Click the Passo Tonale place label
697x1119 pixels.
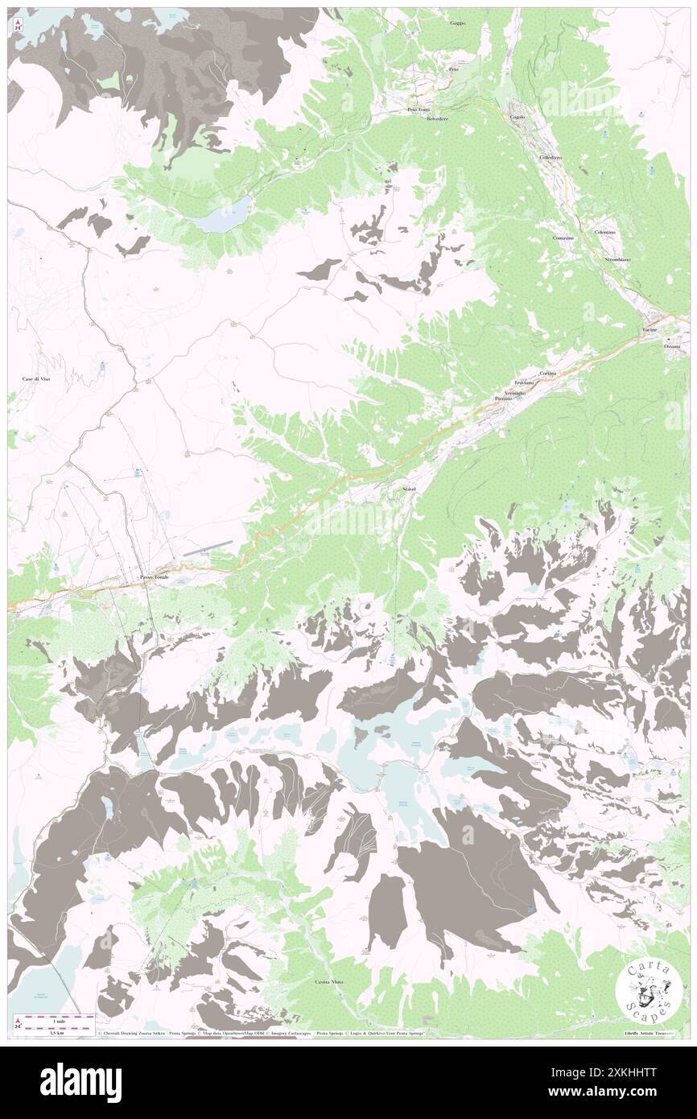pyautogui.click(x=155, y=578)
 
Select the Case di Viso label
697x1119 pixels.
pyautogui.click(x=36, y=378)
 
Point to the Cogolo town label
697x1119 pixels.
pyautogui.click(x=518, y=118)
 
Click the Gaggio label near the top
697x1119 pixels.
pyautogui.click(x=458, y=24)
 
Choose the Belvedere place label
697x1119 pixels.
pyautogui.click(x=437, y=119)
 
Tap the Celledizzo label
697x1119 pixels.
pyautogui.click(x=551, y=157)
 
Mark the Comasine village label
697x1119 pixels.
pyautogui.click(x=563, y=237)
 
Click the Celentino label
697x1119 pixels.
pyautogui.click(x=605, y=232)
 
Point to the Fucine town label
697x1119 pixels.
pyautogui.click(x=650, y=331)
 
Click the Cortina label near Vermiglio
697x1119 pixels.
pyautogui.click(x=548, y=374)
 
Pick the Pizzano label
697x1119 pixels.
pyautogui.click(x=504, y=398)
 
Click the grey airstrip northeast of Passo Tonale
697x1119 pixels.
pyautogui.click(x=208, y=548)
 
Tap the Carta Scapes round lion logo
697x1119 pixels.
pyautogui.click(x=649, y=989)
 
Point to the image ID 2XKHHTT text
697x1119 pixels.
pyautogui.click(x=625, y=1072)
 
